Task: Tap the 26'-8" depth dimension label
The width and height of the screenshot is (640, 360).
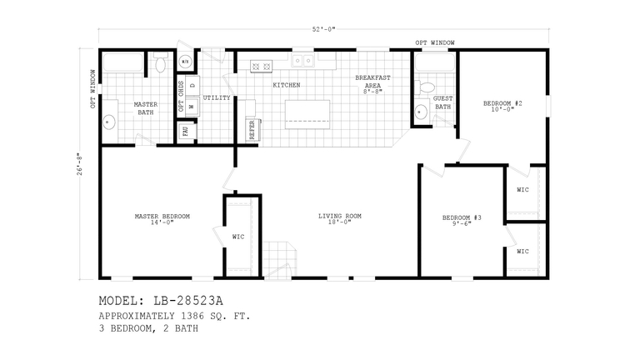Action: (81, 162)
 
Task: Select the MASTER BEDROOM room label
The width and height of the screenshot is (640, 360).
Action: (162, 219)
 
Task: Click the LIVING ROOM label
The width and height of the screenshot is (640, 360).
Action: (340, 219)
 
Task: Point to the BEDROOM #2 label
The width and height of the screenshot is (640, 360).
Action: (502, 106)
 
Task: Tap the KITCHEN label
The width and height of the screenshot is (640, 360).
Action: (287, 85)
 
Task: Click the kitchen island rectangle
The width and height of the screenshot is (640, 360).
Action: (307, 113)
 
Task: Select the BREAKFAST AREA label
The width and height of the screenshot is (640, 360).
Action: (372, 83)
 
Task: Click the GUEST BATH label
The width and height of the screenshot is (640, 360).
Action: (443, 102)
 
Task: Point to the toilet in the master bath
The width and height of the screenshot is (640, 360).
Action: (160, 64)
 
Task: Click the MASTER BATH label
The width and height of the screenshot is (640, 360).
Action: (145, 107)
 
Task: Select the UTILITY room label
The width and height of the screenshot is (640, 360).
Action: (217, 97)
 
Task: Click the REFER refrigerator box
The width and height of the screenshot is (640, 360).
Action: (250, 128)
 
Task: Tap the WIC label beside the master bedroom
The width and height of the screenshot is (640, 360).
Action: (238, 237)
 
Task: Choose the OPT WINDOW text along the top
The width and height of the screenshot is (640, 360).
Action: (436, 42)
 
